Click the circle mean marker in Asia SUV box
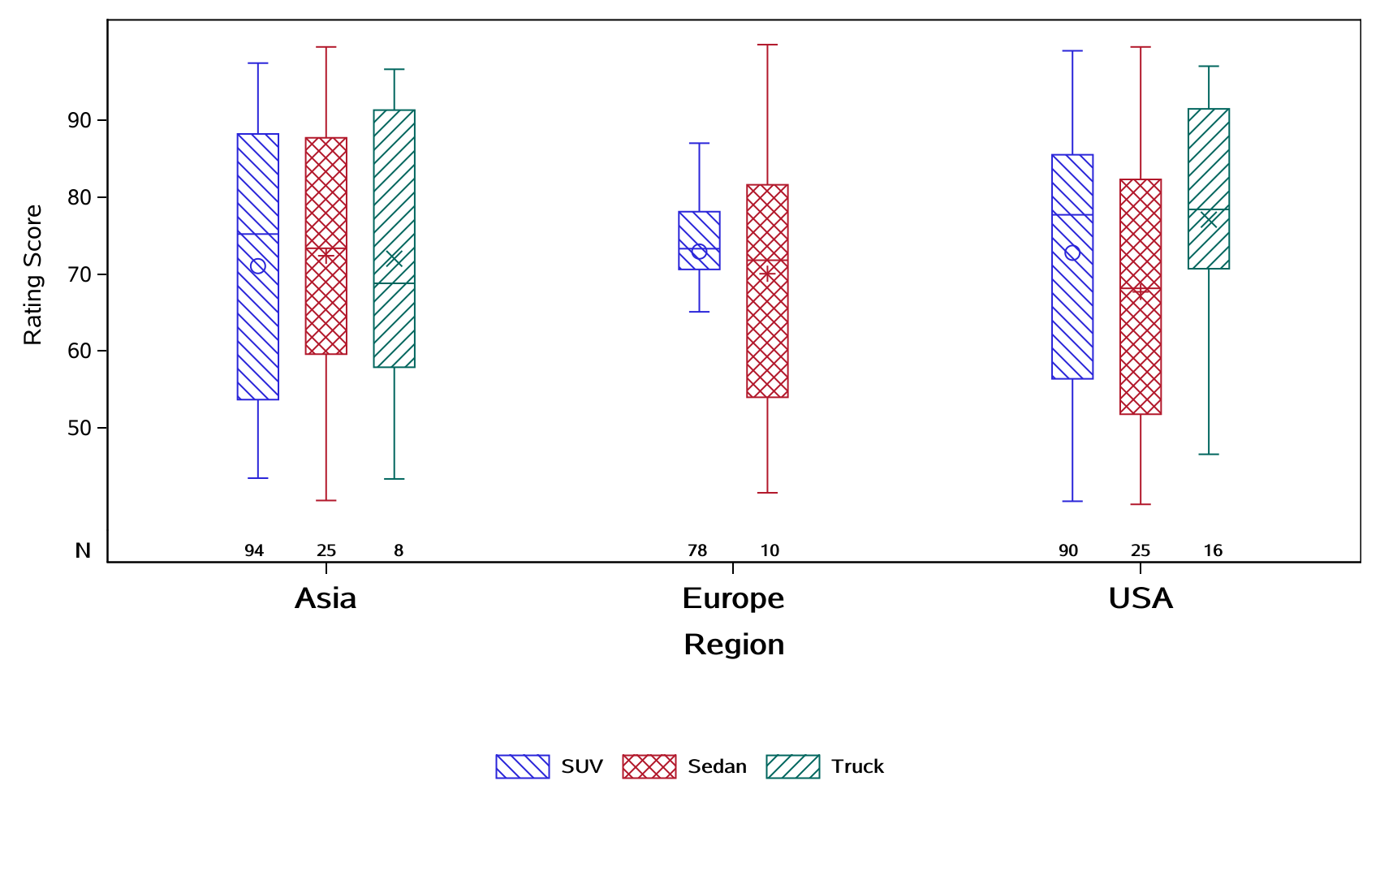(x=257, y=266)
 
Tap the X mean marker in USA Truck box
(x=1209, y=220)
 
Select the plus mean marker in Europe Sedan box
(x=767, y=274)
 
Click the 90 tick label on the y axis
(x=80, y=120)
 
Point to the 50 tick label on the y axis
(x=80, y=428)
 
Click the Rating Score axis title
(x=32, y=274)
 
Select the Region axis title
(x=734, y=645)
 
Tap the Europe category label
(x=733, y=598)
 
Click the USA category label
(x=1141, y=598)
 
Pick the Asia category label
(x=326, y=598)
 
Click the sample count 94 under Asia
(x=254, y=550)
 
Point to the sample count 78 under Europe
(x=697, y=550)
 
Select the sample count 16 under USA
(x=1213, y=550)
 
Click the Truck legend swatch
(x=793, y=766)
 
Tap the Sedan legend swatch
(x=649, y=766)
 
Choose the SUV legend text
(x=582, y=766)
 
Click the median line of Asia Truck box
(x=395, y=283)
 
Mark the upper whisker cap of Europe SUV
(x=699, y=143)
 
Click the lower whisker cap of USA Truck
(x=1209, y=454)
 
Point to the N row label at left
(x=83, y=550)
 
